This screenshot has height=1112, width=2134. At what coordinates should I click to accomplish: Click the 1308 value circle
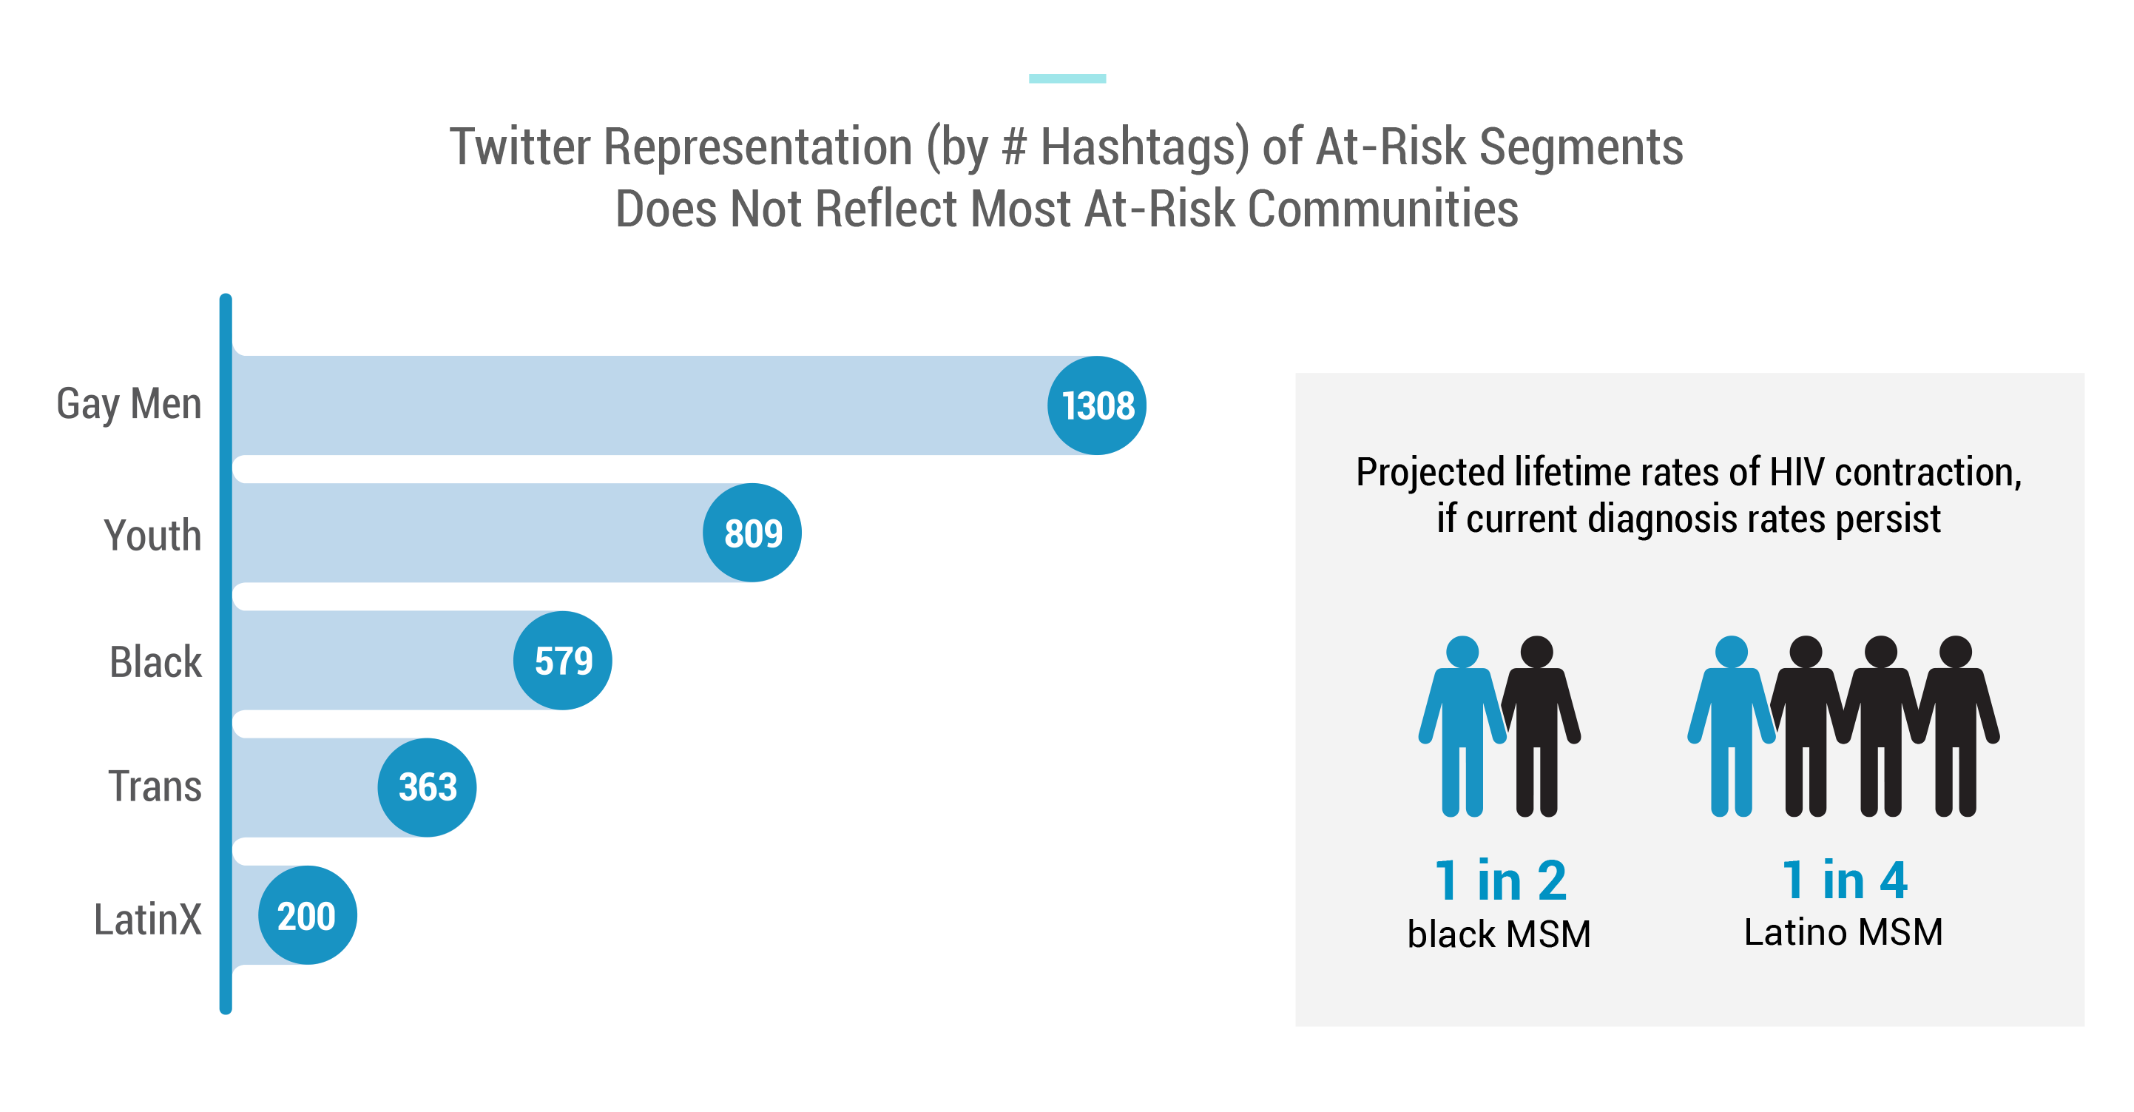1096,405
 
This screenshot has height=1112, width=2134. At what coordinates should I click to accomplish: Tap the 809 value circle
752,533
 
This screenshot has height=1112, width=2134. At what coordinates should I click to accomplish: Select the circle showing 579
562,661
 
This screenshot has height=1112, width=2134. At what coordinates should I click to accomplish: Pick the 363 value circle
427,787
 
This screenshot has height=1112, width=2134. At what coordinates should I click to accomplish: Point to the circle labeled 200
308,914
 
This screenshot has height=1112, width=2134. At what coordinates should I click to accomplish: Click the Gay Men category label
129,405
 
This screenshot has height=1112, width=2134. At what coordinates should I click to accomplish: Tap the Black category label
156,661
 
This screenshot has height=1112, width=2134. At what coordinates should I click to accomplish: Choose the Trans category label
155,786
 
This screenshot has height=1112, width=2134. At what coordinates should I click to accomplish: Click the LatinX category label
147,919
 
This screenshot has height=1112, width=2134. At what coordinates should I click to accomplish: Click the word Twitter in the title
520,146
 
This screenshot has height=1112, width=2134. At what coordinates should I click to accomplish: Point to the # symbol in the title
1014,146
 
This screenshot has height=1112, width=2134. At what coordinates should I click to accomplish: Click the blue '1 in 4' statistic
1845,879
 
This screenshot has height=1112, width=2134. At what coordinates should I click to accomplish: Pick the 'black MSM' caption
1499,934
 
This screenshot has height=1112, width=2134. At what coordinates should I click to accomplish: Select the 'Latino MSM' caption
1843,932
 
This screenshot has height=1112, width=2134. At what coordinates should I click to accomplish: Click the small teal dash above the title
1067,78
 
